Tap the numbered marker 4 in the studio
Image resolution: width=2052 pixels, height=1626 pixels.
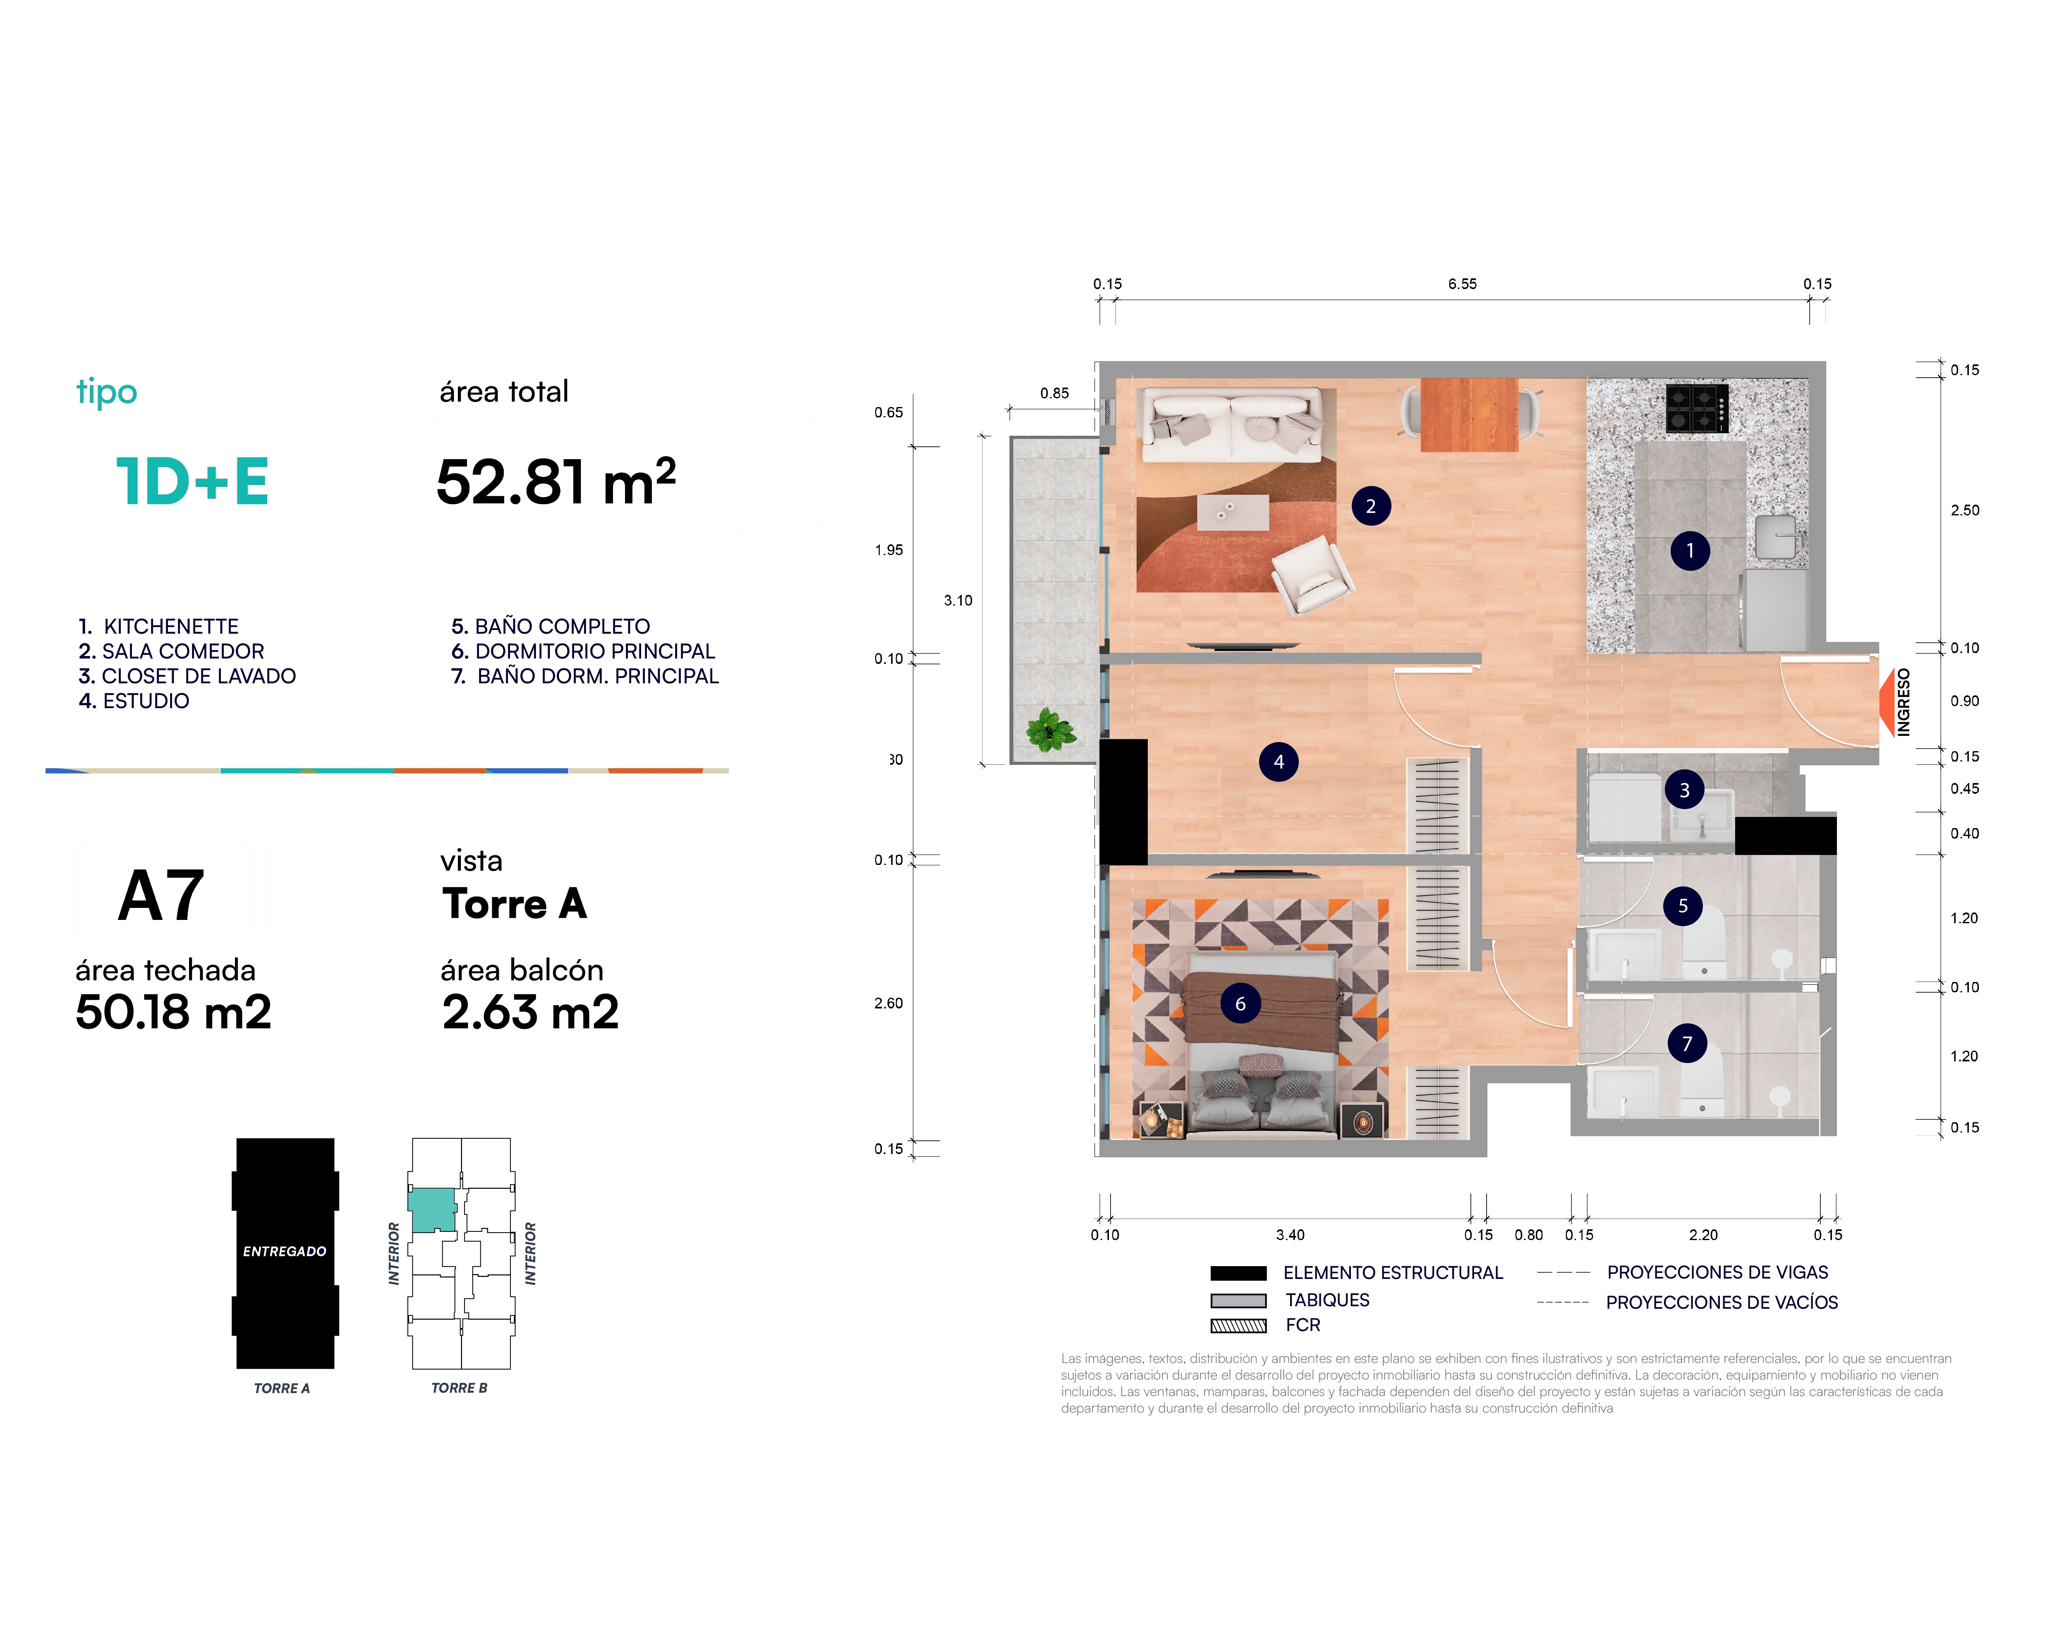pos(1278,762)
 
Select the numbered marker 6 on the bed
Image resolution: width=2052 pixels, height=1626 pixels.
pos(1240,1003)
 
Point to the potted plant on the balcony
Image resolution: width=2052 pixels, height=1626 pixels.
pos(1050,730)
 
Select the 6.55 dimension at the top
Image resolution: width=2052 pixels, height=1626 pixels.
pos(1462,284)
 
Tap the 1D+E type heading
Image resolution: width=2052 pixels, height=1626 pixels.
pos(192,481)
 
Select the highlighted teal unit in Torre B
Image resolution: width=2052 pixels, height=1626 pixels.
pos(431,1210)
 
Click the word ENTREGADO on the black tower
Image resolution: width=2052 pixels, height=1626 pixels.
pos(285,1251)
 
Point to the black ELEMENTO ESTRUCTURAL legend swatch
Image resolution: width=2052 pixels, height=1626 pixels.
pos(1238,1273)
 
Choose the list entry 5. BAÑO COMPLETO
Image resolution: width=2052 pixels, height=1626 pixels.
pos(550,626)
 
